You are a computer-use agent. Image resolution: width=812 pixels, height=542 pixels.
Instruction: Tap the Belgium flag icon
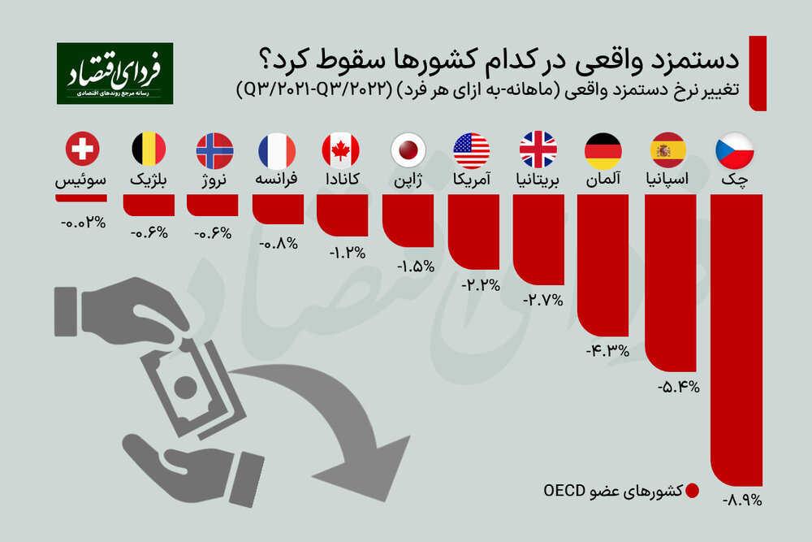(149, 150)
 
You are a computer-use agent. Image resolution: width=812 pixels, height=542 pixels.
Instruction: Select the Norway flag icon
(214, 150)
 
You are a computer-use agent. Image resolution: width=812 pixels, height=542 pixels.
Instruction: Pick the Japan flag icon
(408, 150)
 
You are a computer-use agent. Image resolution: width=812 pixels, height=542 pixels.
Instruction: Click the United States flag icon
(473, 150)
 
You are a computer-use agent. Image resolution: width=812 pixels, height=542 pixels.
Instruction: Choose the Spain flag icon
(668, 150)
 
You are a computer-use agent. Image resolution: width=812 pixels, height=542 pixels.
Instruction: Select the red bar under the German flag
(603, 268)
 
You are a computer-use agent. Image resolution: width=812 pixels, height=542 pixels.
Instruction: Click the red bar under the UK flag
(538, 240)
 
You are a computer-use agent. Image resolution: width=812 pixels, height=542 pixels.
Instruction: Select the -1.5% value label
(416, 266)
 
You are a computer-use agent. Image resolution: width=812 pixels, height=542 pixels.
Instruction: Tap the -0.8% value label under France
(278, 241)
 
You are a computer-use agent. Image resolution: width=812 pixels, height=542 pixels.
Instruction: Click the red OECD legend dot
(692, 491)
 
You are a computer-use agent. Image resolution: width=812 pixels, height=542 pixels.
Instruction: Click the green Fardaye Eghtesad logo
(114, 73)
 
